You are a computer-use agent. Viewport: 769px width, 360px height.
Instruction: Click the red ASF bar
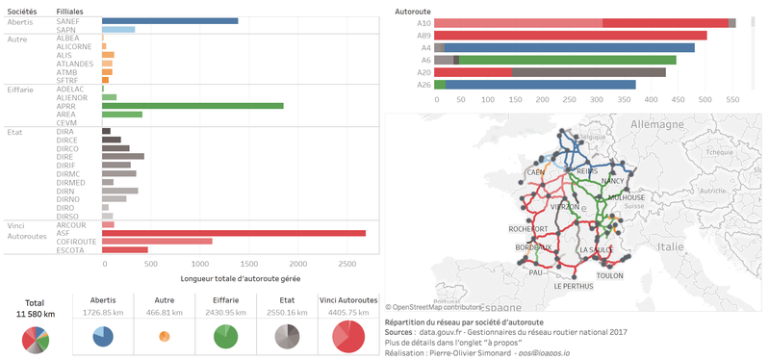click(233, 232)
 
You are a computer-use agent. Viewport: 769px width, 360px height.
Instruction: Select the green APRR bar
click(192, 106)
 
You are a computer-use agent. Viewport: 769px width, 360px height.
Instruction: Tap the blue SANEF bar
click(169, 20)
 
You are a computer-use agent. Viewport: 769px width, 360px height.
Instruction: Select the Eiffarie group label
click(22, 89)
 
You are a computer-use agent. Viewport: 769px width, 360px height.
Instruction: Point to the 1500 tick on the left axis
click(248, 263)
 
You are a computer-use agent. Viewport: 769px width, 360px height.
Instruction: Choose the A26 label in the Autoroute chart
click(423, 85)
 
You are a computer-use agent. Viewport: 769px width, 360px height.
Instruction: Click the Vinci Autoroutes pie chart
click(347, 336)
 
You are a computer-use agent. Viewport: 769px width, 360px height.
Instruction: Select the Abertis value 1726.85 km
click(102, 313)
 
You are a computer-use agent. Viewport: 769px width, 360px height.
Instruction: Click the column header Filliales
click(73, 10)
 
